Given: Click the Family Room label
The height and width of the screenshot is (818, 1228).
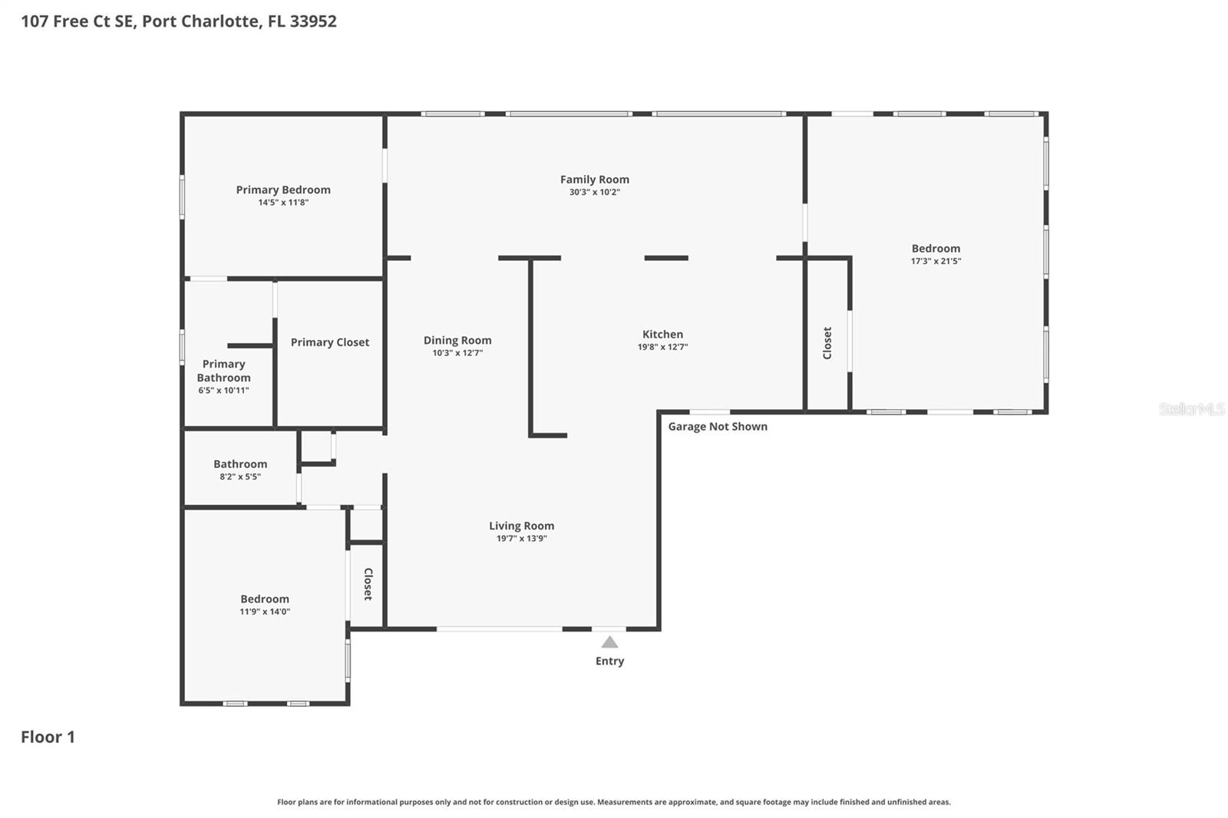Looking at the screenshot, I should (594, 180).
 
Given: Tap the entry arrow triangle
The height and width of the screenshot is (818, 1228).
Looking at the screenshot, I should (609, 642).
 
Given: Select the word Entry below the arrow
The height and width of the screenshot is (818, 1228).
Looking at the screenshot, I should (609, 661).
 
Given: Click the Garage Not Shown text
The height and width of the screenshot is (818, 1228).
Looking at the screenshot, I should (717, 427).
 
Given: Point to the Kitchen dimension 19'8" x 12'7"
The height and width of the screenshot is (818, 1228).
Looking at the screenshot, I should (662, 347).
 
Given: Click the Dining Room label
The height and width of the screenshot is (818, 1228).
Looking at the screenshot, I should (457, 340).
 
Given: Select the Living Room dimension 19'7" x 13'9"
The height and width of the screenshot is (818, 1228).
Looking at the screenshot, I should (521, 539).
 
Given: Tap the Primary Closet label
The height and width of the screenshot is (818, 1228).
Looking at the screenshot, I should (329, 342).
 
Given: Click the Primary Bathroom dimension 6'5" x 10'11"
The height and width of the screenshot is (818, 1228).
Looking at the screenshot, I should (223, 391).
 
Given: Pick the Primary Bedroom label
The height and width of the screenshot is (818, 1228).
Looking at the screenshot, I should (283, 190).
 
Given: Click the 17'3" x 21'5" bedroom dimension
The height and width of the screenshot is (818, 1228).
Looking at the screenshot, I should (936, 261).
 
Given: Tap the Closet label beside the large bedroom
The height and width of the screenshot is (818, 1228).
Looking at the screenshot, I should (827, 343).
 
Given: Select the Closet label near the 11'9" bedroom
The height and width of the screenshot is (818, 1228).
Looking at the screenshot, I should (368, 584).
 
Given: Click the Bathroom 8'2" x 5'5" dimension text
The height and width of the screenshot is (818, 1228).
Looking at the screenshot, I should (240, 477).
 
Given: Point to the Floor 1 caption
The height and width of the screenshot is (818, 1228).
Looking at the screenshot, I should (48, 737).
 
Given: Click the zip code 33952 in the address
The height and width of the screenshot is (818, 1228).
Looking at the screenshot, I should (313, 21).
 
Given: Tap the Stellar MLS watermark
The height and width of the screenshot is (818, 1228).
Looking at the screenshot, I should (1191, 409).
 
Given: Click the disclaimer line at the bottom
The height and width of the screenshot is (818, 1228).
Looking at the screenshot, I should (613, 802).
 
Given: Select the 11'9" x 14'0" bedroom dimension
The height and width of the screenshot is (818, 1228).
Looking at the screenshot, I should (265, 612).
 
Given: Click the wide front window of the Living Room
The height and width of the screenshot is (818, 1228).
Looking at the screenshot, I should (499, 629).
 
